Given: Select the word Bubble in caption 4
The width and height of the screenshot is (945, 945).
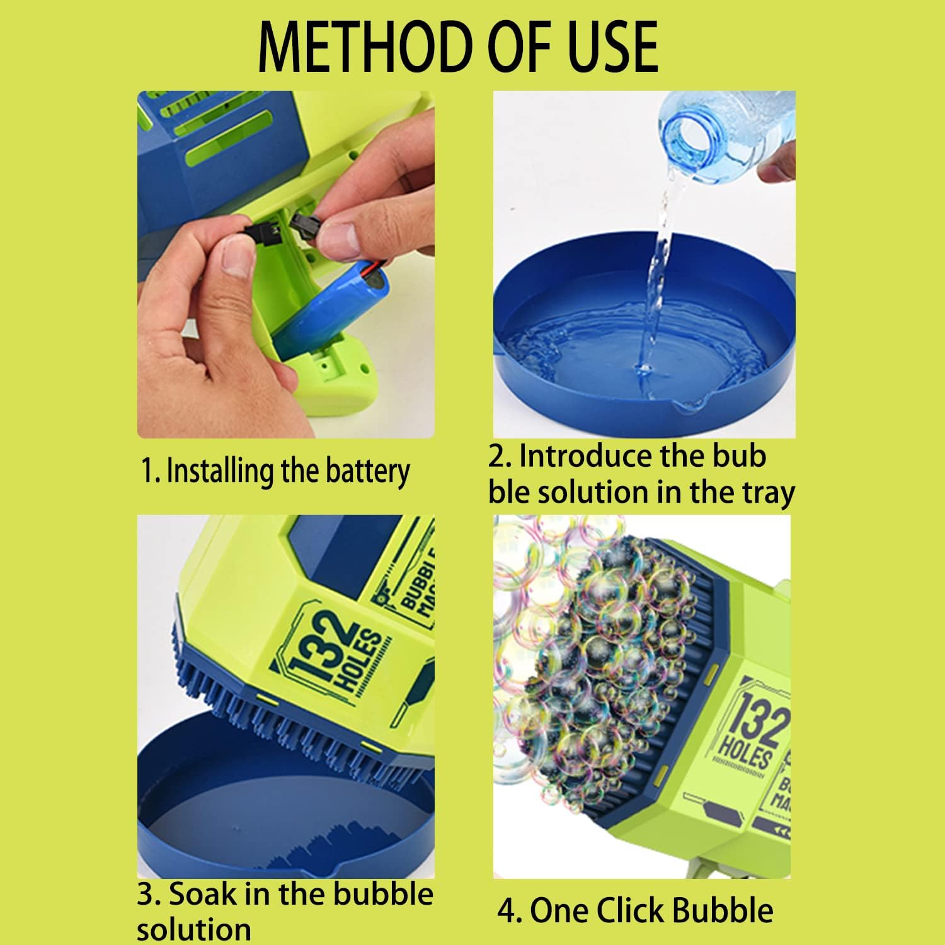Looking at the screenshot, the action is pos(721,910).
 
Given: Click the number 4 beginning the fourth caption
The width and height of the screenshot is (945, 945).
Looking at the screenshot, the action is pos(506,911).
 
